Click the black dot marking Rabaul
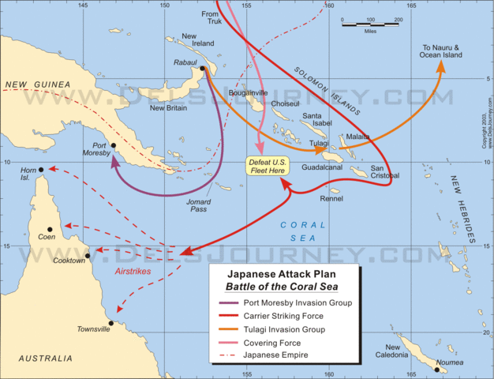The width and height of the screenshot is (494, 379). click(203, 69)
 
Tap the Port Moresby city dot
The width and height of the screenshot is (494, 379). click(113, 145)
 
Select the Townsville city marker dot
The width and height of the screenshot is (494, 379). click(111, 323)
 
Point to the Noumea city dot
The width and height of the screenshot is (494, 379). click(436, 369)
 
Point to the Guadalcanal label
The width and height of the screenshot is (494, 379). click(321, 167)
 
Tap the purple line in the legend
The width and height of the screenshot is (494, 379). click(230, 303)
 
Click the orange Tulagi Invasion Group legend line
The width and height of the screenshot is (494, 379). click(230, 329)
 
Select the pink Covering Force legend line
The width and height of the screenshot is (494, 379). click(230, 342)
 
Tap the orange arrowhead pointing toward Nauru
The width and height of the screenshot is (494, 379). click(440, 67)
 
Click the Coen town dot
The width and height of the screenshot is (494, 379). click(50, 230)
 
